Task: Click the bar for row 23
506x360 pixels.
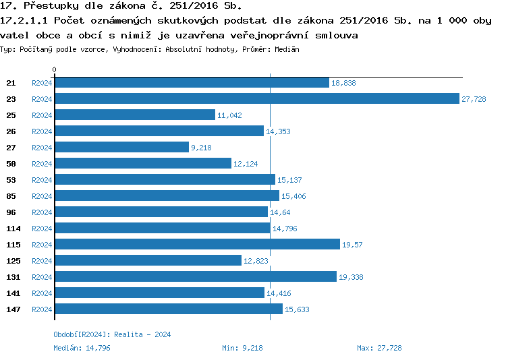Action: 256,98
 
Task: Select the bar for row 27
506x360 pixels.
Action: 121,147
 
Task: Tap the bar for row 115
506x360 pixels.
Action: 197,244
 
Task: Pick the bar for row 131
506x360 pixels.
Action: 195,276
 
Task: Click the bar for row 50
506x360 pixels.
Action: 142,163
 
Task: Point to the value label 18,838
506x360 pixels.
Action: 343,83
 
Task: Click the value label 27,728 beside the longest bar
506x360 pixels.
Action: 474,99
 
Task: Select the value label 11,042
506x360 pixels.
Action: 229,115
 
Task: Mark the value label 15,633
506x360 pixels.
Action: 297,309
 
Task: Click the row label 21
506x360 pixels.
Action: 11,83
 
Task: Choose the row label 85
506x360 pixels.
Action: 11,196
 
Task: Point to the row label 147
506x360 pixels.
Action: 13,309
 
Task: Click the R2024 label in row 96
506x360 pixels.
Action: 42,212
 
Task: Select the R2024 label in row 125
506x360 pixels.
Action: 42,261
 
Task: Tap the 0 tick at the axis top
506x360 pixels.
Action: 55,70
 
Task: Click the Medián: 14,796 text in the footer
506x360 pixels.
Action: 82,348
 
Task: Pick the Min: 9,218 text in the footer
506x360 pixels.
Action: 242,348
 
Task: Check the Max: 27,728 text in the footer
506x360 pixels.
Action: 379,348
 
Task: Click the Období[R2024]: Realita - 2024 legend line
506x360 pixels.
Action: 112,334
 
